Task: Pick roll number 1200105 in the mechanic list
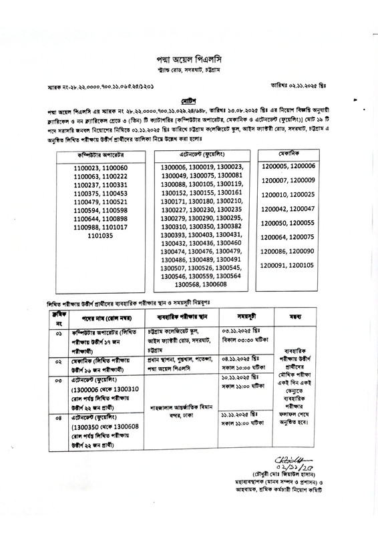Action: point(298,265)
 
